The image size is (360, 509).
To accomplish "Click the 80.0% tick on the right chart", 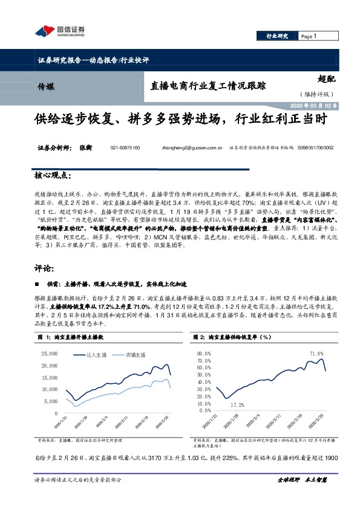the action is click(201, 352).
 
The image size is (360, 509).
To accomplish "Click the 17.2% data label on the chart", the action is click(237, 404).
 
